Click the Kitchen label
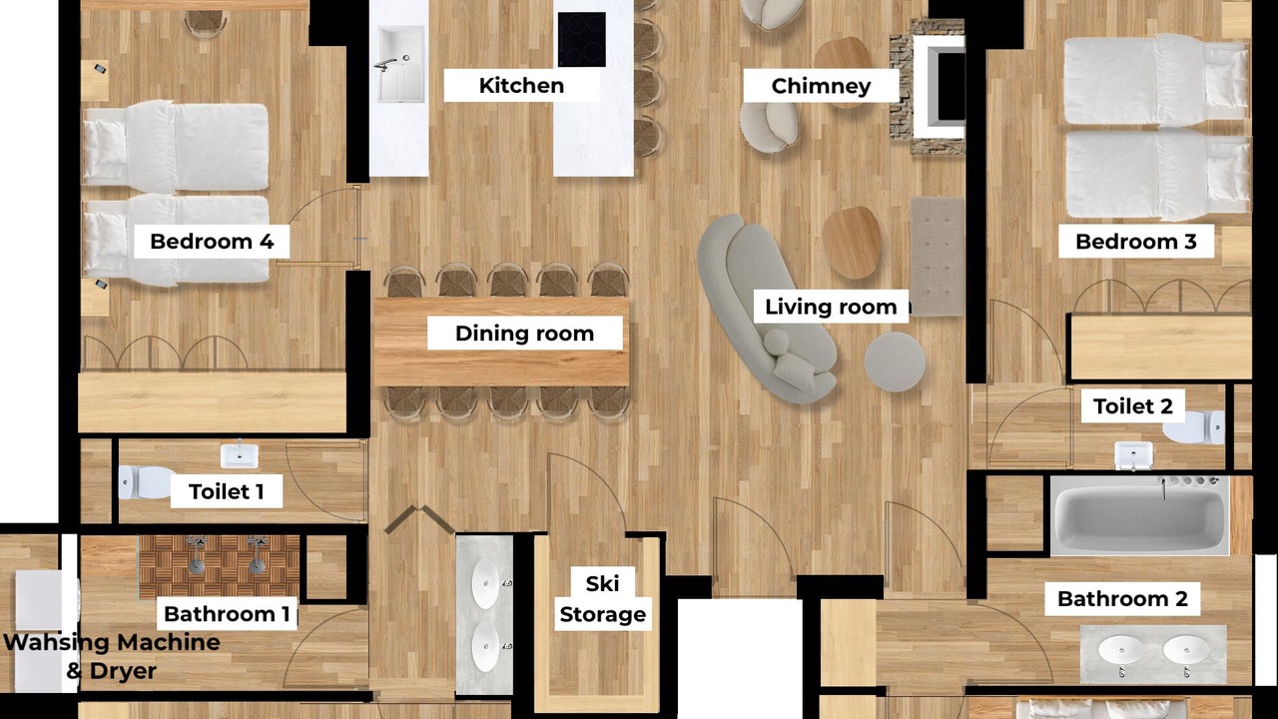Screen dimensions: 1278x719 pyautogui.click(x=521, y=86)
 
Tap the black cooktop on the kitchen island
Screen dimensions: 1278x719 pyautogui.click(x=581, y=39)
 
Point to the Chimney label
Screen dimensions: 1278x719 pyautogui.click(x=821, y=86)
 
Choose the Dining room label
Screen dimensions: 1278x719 pyautogui.click(x=524, y=334)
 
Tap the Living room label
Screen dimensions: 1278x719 pyautogui.click(x=831, y=307)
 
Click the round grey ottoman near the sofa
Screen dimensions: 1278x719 pyautogui.click(x=894, y=361)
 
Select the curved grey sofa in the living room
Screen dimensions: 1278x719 pyautogui.click(x=766, y=309)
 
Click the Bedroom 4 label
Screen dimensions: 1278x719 pyautogui.click(x=212, y=242)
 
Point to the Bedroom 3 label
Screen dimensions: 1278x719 pyautogui.click(x=1136, y=242)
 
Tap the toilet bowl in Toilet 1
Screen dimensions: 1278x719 pyautogui.click(x=144, y=482)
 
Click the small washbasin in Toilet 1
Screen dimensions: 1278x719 pyautogui.click(x=239, y=455)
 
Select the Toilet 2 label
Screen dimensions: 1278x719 pyautogui.click(x=1133, y=406)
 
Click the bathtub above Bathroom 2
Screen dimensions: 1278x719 pyautogui.click(x=1140, y=516)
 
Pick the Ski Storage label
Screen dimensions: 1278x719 pyautogui.click(x=602, y=599)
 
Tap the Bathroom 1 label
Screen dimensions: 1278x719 pyautogui.click(x=227, y=614)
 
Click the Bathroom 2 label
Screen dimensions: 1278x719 pyautogui.click(x=1122, y=598)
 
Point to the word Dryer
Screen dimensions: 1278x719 pyautogui.click(x=123, y=672)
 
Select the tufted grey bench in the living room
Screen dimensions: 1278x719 pyautogui.click(x=937, y=256)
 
